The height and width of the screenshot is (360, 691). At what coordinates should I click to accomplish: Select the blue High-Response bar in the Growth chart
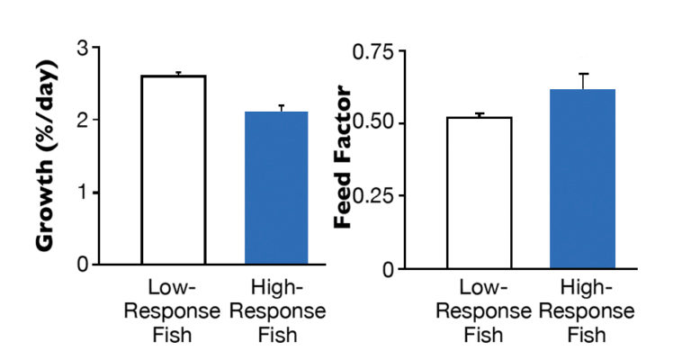click(x=276, y=188)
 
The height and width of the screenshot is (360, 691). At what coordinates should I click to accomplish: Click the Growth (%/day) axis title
click(x=47, y=155)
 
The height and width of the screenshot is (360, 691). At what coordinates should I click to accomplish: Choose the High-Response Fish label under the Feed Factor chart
click(x=586, y=312)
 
